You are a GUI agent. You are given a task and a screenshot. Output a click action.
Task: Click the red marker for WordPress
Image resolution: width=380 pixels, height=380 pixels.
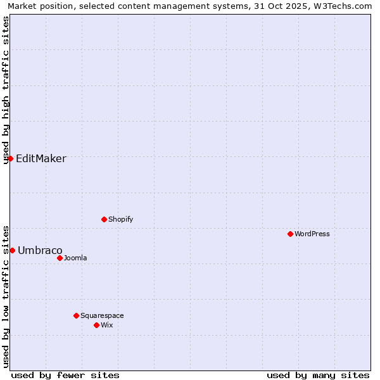pyautogui.click(x=290, y=234)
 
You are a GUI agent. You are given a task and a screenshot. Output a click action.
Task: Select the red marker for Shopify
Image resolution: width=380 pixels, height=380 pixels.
pyautogui.click(x=104, y=219)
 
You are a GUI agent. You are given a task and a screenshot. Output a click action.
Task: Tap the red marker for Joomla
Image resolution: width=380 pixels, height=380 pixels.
pyautogui.click(x=60, y=258)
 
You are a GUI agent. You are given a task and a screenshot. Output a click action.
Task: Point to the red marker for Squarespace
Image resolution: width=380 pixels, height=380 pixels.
pyautogui.click(x=76, y=315)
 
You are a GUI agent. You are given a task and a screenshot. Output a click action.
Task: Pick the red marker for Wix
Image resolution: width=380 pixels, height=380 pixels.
pyautogui.click(x=96, y=325)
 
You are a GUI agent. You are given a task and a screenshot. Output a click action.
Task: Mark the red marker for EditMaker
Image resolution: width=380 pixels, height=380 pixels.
pyautogui.click(x=10, y=158)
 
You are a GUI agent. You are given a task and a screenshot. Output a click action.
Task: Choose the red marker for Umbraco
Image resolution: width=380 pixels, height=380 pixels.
pyautogui.click(x=12, y=250)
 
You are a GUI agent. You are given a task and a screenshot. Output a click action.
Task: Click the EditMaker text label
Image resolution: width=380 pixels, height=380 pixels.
pyautogui.click(x=41, y=158)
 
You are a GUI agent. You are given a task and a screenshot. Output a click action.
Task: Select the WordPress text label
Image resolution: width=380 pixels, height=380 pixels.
pyautogui.click(x=312, y=234)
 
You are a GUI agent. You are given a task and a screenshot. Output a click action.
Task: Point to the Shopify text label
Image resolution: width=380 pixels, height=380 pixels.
pyautogui.click(x=120, y=219)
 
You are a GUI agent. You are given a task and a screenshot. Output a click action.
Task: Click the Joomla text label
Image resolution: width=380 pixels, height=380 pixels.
pyautogui.click(x=75, y=258)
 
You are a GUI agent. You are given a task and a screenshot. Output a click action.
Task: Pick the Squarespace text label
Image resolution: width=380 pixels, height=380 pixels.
pyautogui.click(x=102, y=315)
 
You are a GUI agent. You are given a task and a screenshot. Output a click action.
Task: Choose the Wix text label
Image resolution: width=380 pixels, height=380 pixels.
pyautogui.click(x=106, y=325)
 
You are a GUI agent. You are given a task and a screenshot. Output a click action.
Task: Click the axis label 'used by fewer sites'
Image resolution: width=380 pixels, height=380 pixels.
pyautogui.click(x=65, y=375)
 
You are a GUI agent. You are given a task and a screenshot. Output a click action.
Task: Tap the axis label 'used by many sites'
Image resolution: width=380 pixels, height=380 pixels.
pyautogui.click(x=318, y=375)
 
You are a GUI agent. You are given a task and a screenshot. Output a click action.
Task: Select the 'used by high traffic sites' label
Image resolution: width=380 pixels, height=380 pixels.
pyautogui.click(x=6, y=90)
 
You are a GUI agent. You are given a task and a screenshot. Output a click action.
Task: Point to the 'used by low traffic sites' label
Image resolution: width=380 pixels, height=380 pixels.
pyautogui.click(x=6, y=296)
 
